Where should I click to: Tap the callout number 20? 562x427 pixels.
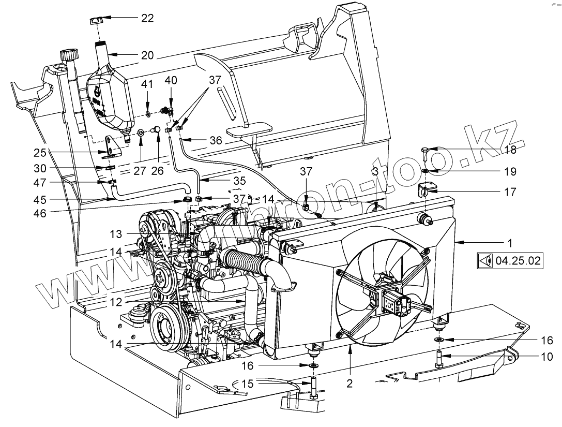[x=147, y=54]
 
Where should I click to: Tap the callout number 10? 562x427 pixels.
[x=546, y=357]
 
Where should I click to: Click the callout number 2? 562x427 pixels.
[x=350, y=384]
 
